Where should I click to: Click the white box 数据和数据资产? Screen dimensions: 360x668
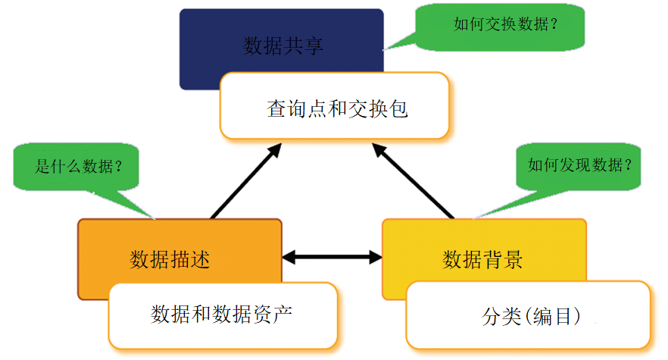tap(222, 315)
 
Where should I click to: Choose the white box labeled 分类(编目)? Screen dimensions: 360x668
tap(528, 316)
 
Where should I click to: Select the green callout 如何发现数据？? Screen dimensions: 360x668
tap(579, 164)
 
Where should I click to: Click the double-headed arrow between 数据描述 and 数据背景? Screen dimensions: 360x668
tap(332, 258)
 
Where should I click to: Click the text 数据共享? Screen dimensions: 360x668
tap(283, 46)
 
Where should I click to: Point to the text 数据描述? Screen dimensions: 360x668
tap(170, 260)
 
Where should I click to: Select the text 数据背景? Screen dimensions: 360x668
tap(482, 260)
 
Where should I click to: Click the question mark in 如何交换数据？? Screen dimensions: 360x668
tap(554, 25)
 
